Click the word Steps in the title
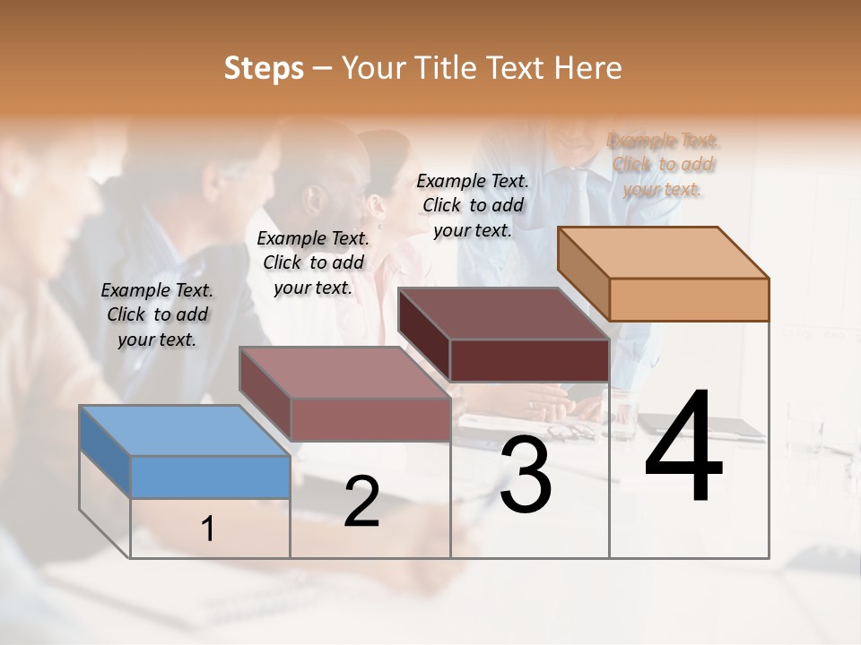[264, 68]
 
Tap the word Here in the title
[588, 68]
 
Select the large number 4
[683, 448]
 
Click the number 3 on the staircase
[525, 475]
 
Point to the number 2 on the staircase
[361, 502]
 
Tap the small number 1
[208, 529]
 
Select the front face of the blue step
[210, 477]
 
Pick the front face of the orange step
[689, 299]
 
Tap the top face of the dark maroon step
[502, 313]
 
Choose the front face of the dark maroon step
[529, 360]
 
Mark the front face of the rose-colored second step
[370, 419]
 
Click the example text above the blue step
[157, 314]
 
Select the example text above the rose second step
[313, 262]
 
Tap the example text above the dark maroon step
[473, 205]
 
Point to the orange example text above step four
[663, 165]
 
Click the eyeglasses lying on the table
[569, 433]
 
